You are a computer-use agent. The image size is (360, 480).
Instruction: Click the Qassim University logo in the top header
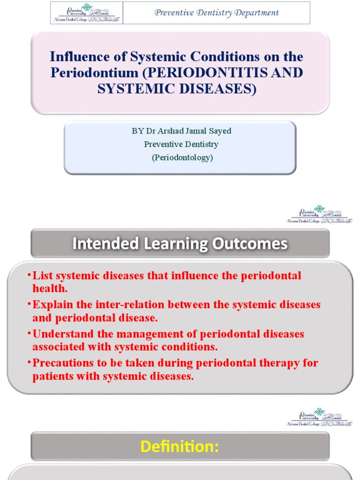click(86, 13)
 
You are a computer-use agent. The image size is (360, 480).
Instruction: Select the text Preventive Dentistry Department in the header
click(217, 13)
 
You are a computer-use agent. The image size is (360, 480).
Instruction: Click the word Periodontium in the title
click(92, 73)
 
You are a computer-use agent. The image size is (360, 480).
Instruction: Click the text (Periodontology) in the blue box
click(182, 157)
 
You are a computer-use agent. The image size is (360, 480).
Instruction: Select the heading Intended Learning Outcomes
click(180, 244)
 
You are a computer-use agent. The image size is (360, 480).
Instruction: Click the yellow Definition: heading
click(180, 447)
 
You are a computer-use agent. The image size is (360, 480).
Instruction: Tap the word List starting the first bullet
click(43, 276)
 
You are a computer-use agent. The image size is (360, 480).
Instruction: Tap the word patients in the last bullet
click(52, 376)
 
